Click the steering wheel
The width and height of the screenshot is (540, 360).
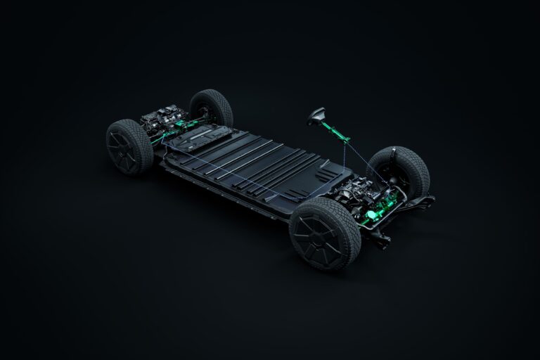click(x=316, y=116)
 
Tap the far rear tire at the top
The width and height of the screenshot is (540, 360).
click(x=213, y=107)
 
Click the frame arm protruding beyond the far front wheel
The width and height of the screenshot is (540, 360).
click(x=426, y=200)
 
